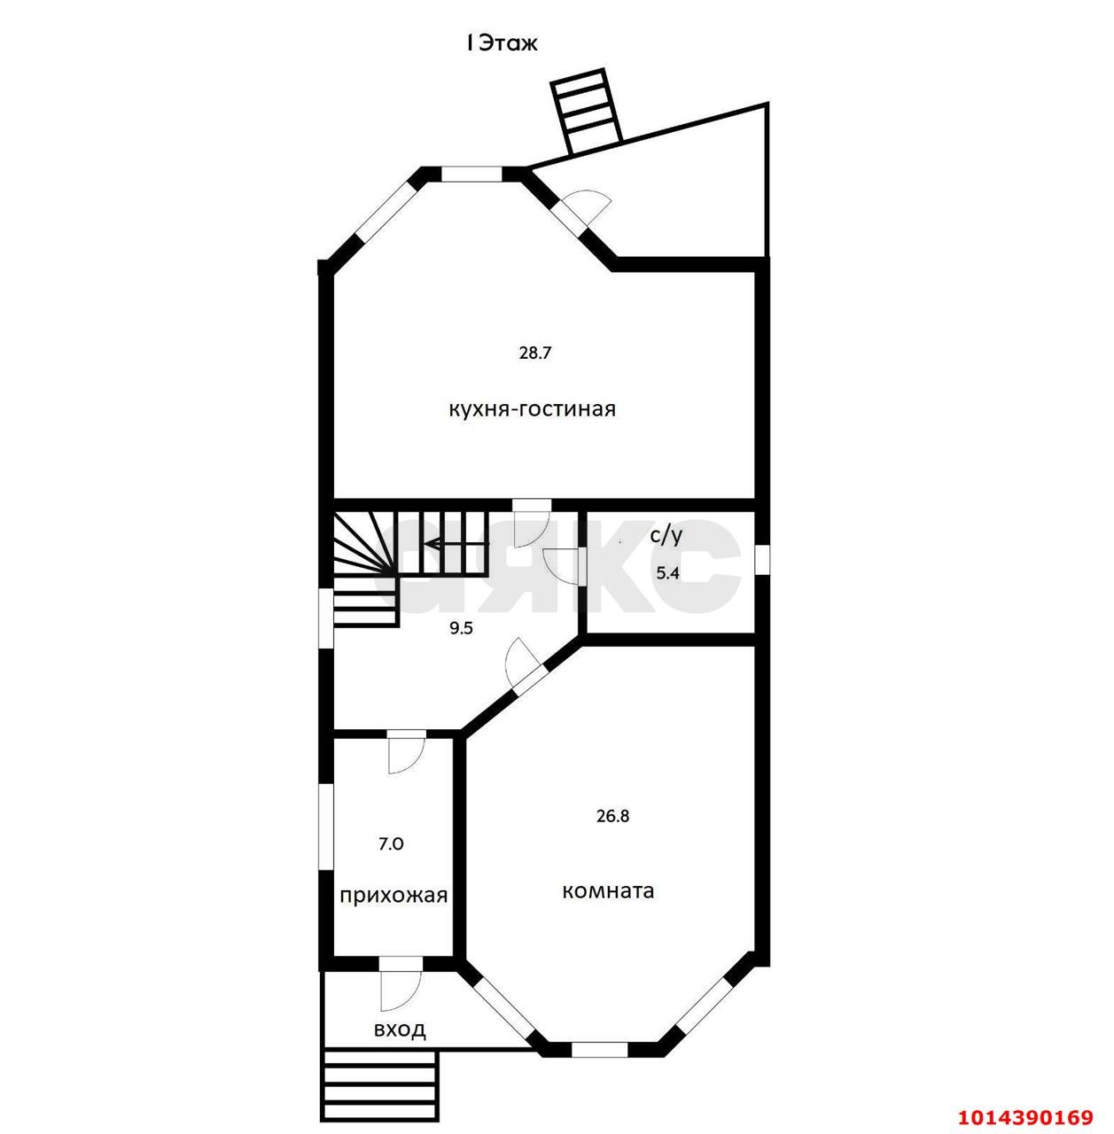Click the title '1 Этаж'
pyautogui.click(x=502, y=43)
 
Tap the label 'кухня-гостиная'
pyautogui.click(x=532, y=408)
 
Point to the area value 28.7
pyautogui.click(x=534, y=353)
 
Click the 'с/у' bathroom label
pyautogui.click(x=666, y=536)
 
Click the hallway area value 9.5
pyautogui.click(x=462, y=628)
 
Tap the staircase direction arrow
pyautogui.click(x=457, y=543)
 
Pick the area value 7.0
pyautogui.click(x=391, y=844)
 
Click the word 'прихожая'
pyautogui.click(x=393, y=896)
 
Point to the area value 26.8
pyautogui.click(x=613, y=816)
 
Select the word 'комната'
pyautogui.click(x=608, y=891)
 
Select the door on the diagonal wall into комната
pyautogui.click(x=522, y=664)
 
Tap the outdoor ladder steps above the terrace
pyautogui.click(x=587, y=112)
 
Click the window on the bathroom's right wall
pyautogui.click(x=762, y=558)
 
